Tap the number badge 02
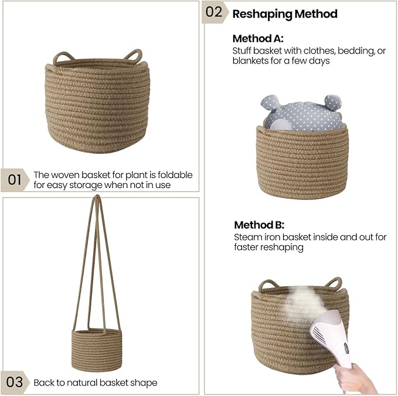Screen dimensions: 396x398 214,12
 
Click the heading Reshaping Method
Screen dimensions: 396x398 285,14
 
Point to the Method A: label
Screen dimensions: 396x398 258,38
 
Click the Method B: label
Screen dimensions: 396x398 259,225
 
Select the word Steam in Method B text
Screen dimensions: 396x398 246,237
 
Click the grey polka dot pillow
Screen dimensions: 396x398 302,113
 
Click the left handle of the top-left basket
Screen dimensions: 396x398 63,58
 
